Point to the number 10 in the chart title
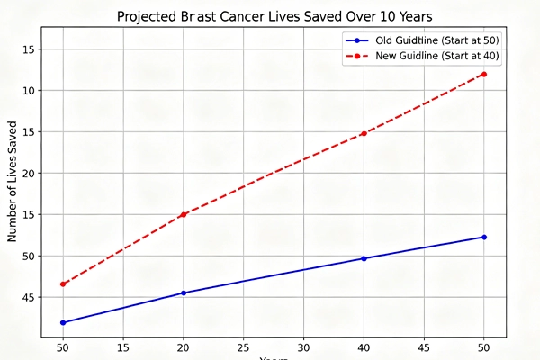(389, 17)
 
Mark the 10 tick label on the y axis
(28, 90)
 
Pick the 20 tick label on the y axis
(28, 173)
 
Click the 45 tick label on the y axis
(28, 297)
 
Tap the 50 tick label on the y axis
(28, 256)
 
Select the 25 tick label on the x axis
(243, 346)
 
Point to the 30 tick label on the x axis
(303, 346)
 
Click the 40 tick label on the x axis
(364, 346)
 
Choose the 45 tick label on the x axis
(424, 346)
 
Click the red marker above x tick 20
(184, 214)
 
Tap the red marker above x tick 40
(364, 133)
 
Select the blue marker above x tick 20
(184, 292)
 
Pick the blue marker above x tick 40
(364, 258)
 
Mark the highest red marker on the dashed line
(484, 74)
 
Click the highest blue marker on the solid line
(484, 237)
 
